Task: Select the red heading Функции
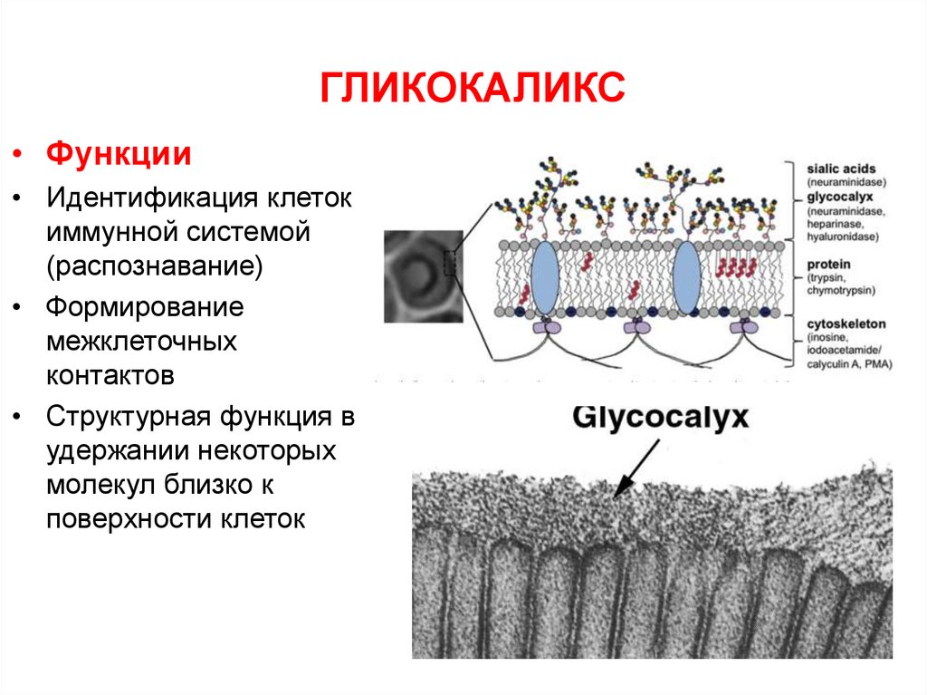pos(119,153)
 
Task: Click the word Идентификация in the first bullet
pos(151,197)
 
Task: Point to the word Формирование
pos(146,306)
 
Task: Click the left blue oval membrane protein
pos(545,278)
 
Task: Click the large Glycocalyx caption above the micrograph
pos(661,418)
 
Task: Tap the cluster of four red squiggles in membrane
pos(737,267)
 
